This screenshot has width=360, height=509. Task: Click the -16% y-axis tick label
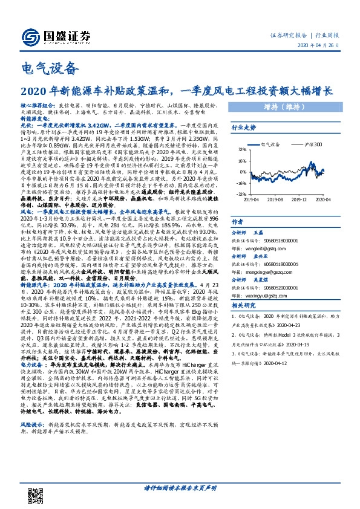(241, 183)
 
